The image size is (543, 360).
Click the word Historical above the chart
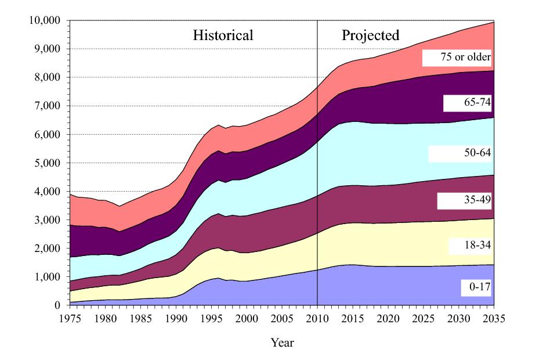click(223, 35)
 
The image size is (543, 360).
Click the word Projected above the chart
click(370, 35)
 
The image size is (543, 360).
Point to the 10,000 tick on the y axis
click(44, 21)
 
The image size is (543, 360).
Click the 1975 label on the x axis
click(70, 318)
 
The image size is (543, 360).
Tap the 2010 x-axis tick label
click(317, 318)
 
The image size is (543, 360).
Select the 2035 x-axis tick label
click(494, 318)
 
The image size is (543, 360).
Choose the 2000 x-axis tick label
click(247, 318)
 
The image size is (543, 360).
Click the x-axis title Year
click(283, 343)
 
